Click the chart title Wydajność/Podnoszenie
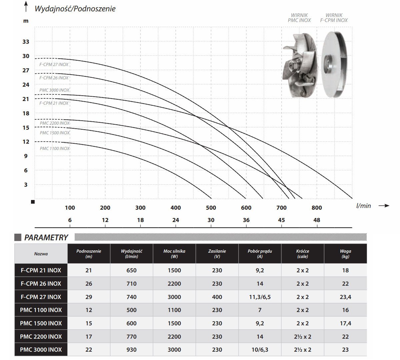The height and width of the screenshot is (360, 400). [x=75, y=9]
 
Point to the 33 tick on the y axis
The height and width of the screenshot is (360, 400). [x=26, y=42]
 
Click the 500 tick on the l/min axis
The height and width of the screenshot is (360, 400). [x=211, y=208]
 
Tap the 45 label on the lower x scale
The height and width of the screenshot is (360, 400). [x=281, y=220]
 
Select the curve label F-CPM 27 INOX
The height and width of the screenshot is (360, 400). [x=54, y=64]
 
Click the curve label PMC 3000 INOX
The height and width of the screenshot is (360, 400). [x=54, y=90]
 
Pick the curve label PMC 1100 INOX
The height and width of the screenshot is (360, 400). [x=55, y=148]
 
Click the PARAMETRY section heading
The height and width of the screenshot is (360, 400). [x=46, y=237]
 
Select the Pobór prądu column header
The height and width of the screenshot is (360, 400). [x=260, y=254]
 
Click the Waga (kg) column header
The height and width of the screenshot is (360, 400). [x=345, y=254]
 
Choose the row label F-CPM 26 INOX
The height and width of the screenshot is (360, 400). [x=41, y=284]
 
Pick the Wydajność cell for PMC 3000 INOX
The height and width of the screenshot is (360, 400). [x=131, y=350]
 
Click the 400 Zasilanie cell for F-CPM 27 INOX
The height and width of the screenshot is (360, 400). [x=217, y=297]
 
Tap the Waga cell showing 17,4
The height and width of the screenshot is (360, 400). [x=345, y=323]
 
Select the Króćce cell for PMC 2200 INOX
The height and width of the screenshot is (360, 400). [x=302, y=337]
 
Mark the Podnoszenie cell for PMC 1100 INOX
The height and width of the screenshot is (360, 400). [x=89, y=310]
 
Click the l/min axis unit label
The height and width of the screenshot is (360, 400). [x=363, y=206]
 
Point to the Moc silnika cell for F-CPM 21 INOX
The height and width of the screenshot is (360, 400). [x=174, y=270]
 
